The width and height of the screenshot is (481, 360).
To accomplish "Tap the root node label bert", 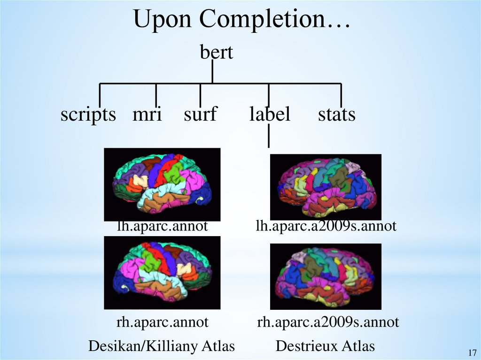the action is (217, 52).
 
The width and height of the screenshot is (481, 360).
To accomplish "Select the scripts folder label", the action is (88, 114).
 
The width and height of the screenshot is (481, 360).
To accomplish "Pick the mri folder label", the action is (147, 114).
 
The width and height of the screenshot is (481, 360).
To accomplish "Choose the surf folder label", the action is (201, 114).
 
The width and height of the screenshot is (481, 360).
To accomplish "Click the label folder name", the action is (270, 114).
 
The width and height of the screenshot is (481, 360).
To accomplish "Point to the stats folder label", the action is (336, 114).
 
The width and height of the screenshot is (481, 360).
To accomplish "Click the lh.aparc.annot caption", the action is (162, 227).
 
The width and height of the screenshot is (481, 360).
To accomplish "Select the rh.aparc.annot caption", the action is (162, 322).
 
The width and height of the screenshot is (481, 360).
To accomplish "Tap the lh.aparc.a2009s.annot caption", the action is (326, 227).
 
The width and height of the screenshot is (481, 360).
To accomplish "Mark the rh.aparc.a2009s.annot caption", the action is (328, 322).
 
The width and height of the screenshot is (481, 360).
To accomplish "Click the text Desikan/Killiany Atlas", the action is (162, 346).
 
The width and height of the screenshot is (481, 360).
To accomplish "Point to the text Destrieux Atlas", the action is (325, 346).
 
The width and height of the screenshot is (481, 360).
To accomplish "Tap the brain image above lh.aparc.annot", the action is (162, 184).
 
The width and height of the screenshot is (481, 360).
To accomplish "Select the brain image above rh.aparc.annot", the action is (162, 272).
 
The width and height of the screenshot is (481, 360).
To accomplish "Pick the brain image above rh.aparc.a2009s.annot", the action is (326, 276).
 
